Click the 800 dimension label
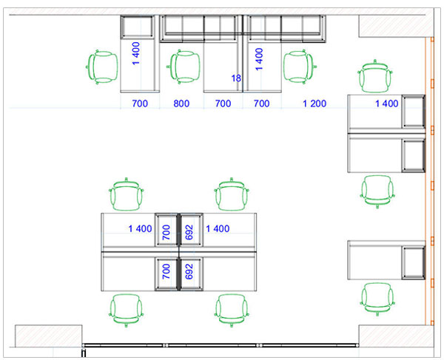pos(181,103)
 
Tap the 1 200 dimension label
pos(314,103)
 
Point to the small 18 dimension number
pos(236,78)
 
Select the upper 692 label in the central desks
pos(189,232)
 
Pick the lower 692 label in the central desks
pos(189,271)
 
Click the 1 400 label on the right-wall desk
pos(387,103)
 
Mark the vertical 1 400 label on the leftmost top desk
pos(136,53)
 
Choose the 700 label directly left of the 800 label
pos(140,103)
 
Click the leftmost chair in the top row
pos(102,67)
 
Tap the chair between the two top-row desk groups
pos(184,67)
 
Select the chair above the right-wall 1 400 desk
pos(375,76)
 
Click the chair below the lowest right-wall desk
pos(377,299)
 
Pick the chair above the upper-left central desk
pos(127,194)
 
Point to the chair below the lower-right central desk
pos(232,310)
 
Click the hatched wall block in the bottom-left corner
pos(49,336)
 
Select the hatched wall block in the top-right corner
pos(396,27)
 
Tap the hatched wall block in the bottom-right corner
pos(396,336)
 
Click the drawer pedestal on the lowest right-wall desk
pos(414,262)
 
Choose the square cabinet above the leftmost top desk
pos(137,27)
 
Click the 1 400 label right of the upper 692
pos(218,228)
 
